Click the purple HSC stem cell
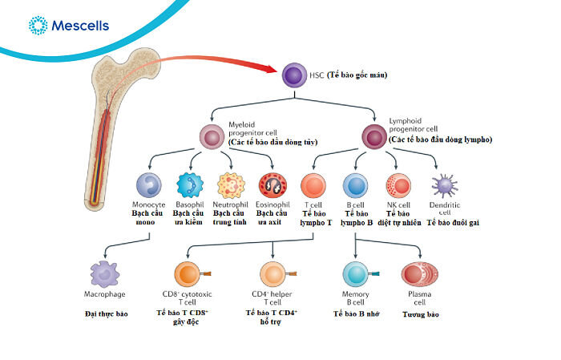293,75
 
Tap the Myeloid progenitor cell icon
212,136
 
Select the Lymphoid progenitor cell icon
373,136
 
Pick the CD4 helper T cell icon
272,274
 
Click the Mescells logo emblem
37,26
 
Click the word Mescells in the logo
80,26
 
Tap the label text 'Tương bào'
422,315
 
